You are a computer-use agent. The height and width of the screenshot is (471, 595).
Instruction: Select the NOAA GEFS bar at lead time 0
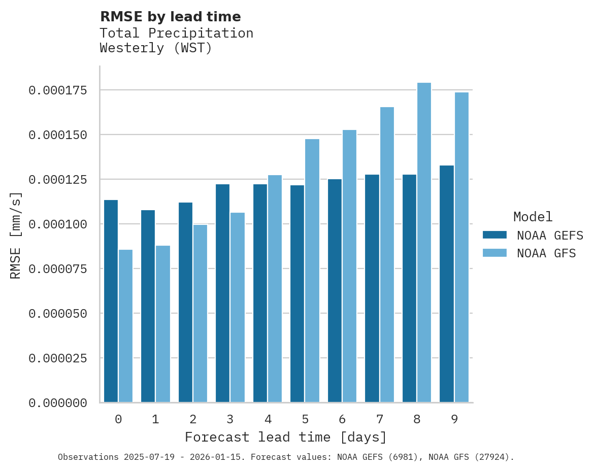click(111, 301)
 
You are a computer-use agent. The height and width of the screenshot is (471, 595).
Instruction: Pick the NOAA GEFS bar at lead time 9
click(447, 284)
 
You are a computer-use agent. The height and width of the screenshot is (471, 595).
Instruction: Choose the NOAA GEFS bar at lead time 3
click(222, 293)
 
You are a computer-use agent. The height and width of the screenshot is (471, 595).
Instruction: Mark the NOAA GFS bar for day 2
click(200, 313)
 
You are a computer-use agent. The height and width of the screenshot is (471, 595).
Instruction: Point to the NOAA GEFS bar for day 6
click(335, 291)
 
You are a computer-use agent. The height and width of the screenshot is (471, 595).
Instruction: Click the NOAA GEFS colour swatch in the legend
click(494, 235)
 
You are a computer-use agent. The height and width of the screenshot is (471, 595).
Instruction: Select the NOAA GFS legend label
click(546, 253)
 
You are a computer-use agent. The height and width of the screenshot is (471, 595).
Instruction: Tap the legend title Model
click(533, 217)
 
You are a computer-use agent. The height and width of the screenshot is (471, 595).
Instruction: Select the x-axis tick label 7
click(380, 419)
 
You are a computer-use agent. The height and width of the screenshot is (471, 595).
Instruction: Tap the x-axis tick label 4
click(268, 419)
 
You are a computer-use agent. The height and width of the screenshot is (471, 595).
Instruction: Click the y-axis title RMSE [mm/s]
click(16, 235)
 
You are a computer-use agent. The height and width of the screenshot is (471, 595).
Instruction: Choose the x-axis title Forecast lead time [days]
click(286, 437)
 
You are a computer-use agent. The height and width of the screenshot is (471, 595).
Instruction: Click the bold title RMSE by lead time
click(170, 17)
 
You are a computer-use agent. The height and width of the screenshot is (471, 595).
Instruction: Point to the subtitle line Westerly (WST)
click(155, 48)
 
